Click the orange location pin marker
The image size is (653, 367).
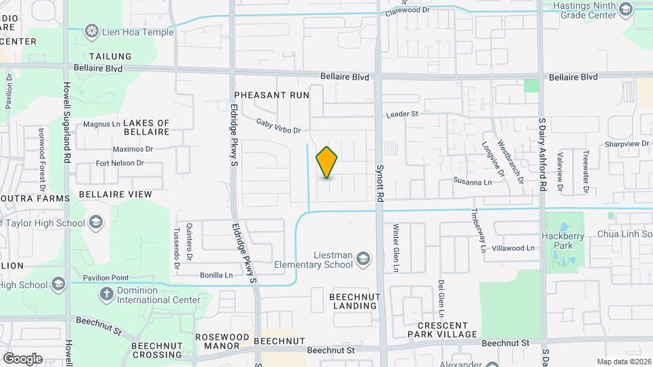(326, 162)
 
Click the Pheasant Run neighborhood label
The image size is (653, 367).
(271, 95)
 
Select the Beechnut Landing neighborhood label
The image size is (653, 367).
(353, 301)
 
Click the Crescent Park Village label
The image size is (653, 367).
(442, 329)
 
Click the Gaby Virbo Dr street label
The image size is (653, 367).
(278, 125)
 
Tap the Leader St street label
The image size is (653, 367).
(402, 115)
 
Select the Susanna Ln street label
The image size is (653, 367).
(473, 182)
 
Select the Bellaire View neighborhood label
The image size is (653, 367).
(116, 194)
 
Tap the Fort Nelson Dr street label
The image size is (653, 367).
(120, 163)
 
